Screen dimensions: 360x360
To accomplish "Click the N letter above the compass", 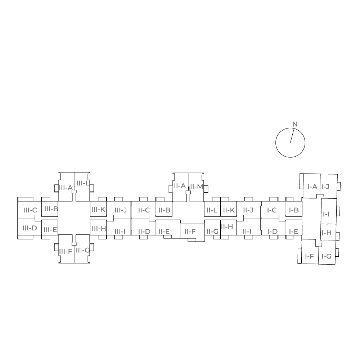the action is [x=295, y=124].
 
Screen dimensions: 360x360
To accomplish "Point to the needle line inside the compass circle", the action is [x=292, y=135].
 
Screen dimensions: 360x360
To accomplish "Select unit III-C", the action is [x=30, y=210].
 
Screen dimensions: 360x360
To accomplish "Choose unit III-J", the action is [x=120, y=210].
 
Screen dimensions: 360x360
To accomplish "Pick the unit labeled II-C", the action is [x=144, y=210].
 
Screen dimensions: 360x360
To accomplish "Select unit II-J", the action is [x=248, y=210].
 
